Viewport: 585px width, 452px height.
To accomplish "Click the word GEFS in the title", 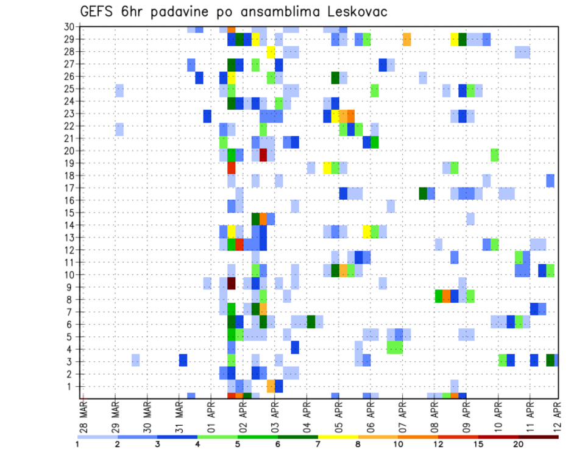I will pos(97,12).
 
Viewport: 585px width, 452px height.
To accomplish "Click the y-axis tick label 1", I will pos(71,386).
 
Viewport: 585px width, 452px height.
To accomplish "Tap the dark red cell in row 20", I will pos(263,155).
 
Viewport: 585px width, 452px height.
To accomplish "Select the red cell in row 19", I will pos(232,168).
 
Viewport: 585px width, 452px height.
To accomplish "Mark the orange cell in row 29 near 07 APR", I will pos(406,40).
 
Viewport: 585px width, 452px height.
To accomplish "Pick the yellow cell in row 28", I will pos(271,52).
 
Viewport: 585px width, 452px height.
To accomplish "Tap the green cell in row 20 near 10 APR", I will pos(494,155).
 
